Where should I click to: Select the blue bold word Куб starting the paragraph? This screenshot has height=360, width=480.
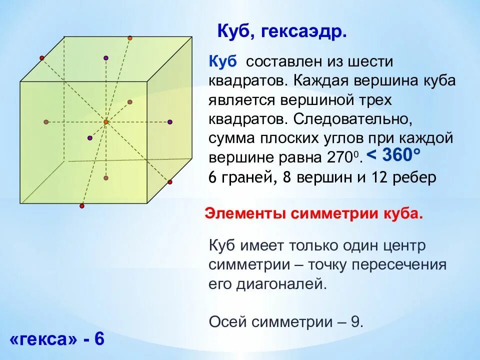pos(223,62)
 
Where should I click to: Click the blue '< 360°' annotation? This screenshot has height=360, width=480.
pos(393,155)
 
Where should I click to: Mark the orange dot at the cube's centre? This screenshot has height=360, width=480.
pos(106,121)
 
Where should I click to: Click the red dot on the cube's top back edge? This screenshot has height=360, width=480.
pos(130,38)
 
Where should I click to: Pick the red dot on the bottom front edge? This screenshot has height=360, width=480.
pos(82,205)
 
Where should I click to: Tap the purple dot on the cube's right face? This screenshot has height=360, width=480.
pos(170,121)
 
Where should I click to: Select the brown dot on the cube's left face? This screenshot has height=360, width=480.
pos(46,121)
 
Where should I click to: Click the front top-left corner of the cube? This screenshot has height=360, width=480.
pos(20,81)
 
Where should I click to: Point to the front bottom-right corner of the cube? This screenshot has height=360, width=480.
pos(147,203)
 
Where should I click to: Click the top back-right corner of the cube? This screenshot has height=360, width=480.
pos(192,36)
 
